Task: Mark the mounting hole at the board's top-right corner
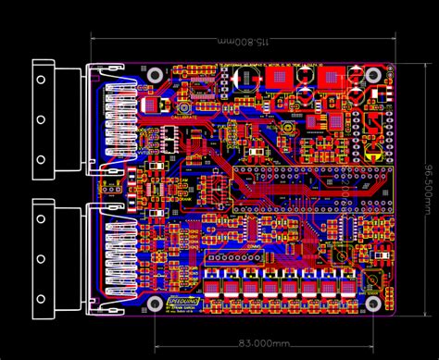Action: [374, 74]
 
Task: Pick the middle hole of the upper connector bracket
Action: [42, 119]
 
